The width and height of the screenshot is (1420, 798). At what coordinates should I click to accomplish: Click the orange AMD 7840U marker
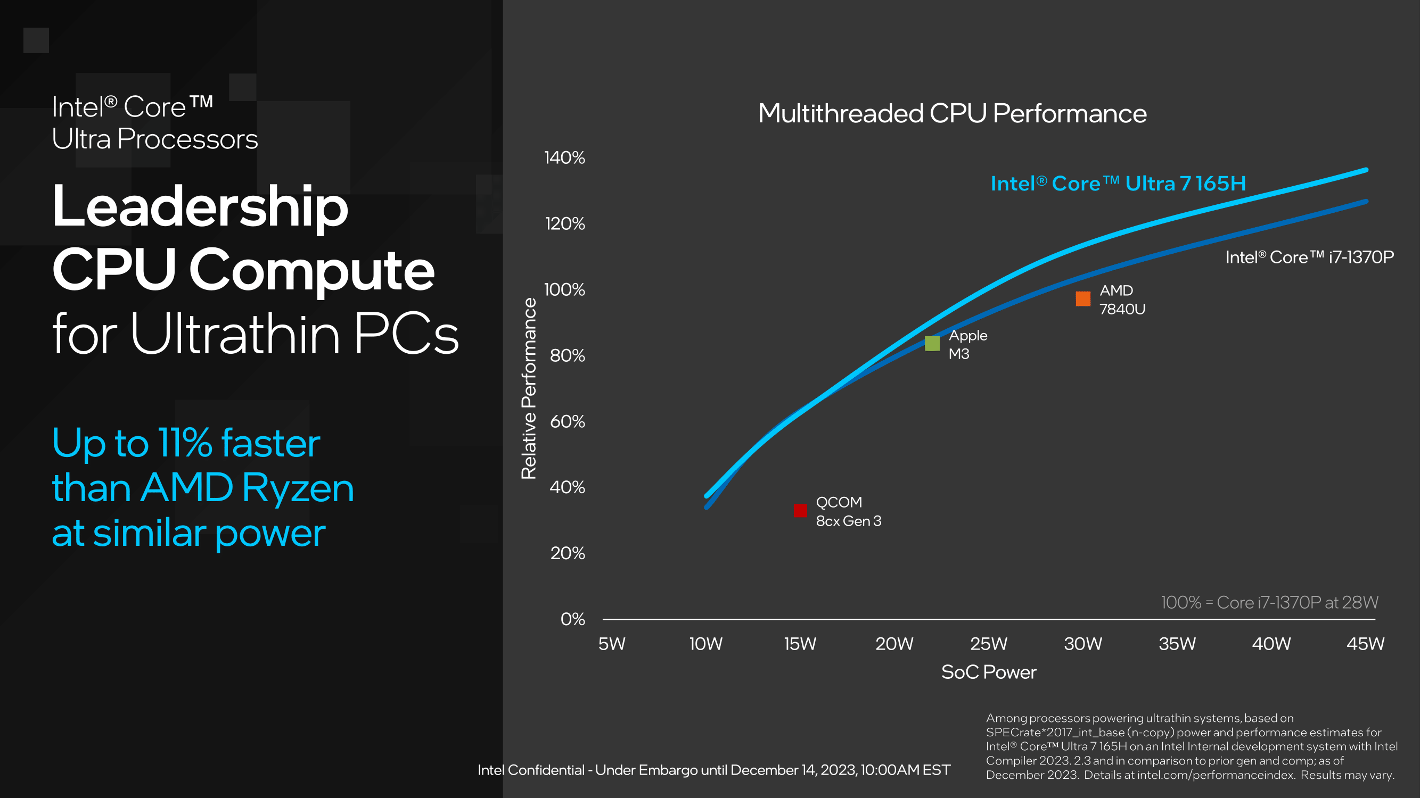1082,298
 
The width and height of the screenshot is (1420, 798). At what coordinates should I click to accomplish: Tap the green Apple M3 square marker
932,344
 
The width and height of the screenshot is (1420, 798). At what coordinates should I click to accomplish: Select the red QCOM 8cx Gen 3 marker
800,511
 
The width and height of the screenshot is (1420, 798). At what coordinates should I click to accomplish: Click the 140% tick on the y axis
564,158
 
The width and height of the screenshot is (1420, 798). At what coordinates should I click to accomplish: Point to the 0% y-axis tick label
573,619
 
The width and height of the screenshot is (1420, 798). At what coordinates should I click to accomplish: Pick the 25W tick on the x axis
988,644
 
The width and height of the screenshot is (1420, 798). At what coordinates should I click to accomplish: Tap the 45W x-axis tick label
1365,644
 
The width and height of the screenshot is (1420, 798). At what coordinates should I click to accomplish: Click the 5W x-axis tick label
612,644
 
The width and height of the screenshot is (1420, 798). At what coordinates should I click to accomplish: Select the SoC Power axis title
988,672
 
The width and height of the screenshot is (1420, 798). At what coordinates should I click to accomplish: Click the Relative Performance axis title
529,388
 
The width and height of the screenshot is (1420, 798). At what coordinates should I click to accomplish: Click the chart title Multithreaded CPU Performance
952,113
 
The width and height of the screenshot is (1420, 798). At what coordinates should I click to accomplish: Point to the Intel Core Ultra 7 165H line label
1118,184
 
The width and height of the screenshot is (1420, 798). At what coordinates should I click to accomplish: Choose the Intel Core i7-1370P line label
1309,257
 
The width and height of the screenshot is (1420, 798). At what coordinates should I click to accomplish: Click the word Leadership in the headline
200,207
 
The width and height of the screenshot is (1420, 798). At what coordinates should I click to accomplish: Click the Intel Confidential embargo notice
714,770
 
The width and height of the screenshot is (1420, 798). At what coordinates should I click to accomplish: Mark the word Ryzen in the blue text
298,488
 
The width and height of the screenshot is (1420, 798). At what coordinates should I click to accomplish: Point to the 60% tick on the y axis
567,422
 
